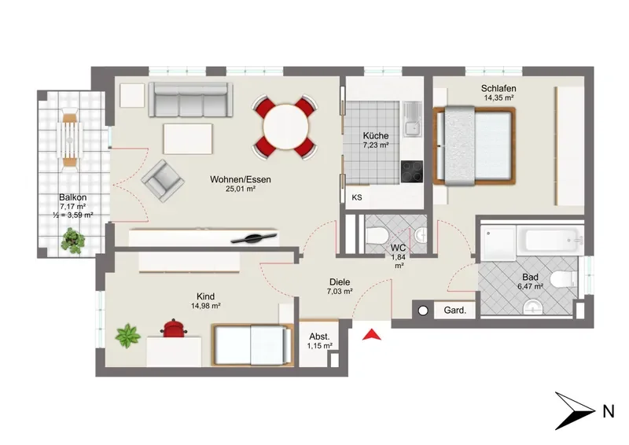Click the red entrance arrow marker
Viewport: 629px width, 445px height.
click(x=371, y=335)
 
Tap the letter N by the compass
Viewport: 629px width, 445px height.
click(x=608, y=412)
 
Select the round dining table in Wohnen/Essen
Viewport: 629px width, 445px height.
click(x=285, y=127)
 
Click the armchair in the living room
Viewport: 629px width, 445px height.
click(x=163, y=181)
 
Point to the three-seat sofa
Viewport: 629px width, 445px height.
click(x=190, y=100)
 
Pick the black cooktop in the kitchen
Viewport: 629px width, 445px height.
click(x=412, y=171)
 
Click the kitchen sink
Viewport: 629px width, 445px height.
click(x=412, y=118)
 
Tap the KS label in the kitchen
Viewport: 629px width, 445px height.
click(x=357, y=197)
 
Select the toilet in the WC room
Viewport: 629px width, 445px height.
click(x=377, y=236)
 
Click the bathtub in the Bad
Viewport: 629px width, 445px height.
click(x=549, y=241)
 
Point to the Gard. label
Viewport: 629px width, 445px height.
click(x=455, y=311)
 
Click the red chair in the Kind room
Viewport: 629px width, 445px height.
click(x=174, y=327)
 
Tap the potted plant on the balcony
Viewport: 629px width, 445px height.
click(x=73, y=240)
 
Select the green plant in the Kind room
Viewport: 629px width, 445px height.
click(x=128, y=336)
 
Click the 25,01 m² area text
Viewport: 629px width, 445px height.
click(x=241, y=189)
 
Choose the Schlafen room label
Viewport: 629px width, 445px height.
click(x=498, y=88)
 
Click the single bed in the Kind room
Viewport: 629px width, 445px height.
click(x=252, y=345)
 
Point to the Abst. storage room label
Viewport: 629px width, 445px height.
click(x=320, y=337)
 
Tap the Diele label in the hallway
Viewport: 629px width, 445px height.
click(x=340, y=282)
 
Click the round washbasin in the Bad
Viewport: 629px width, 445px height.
click(x=533, y=307)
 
